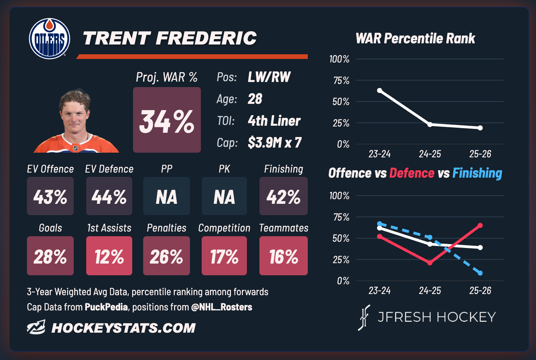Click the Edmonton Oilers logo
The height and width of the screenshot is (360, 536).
pyautogui.click(x=50, y=39)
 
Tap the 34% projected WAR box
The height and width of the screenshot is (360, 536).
pyautogui.click(x=167, y=120)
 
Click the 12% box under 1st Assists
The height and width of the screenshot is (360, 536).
pyautogui.click(x=109, y=256)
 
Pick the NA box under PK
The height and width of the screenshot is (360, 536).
pyautogui.click(x=224, y=196)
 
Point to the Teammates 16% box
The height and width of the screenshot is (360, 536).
pyautogui.click(x=284, y=256)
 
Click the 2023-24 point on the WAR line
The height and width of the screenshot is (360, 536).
pyautogui.click(x=380, y=91)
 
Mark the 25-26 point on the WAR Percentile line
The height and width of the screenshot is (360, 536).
pyautogui.click(x=480, y=128)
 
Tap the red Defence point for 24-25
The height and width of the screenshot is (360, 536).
pyautogui.click(x=430, y=263)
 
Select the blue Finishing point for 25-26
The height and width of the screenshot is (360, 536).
pyautogui.click(x=480, y=273)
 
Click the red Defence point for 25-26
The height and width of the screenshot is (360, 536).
pyautogui.click(x=480, y=225)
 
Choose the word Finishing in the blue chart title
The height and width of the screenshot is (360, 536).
pyautogui.click(x=477, y=173)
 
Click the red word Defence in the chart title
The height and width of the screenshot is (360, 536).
pyautogui.click(x=412, y=173)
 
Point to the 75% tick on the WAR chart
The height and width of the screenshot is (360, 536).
pyautogui.click(x=341, y=81)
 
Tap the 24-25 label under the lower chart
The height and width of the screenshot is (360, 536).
pyautogui.click(x=430, y=290)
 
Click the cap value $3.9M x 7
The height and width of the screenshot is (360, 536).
pyautogui.click(x=275, y=143)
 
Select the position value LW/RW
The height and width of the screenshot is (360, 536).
pyautogui.click(x=269, y=77)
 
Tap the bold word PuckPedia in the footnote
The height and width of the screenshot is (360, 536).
pyautogui.click(x=106, y=307)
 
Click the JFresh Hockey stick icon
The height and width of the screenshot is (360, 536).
pyautogui.click(x=364, y=317)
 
